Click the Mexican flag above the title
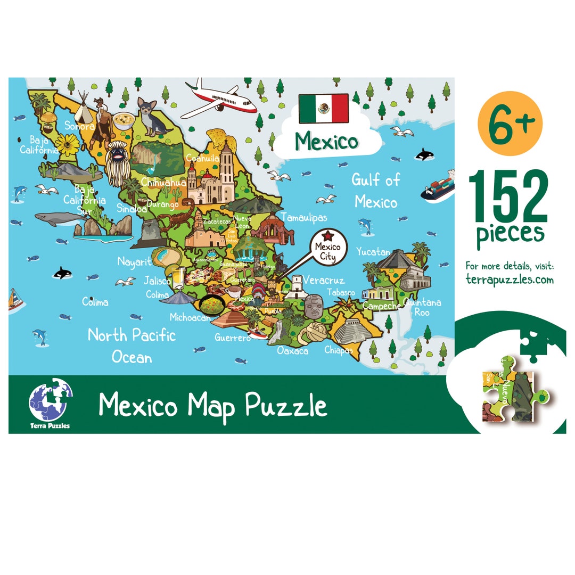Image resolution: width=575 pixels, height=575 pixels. coord(323,108)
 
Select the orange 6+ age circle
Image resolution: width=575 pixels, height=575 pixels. coord(510,124)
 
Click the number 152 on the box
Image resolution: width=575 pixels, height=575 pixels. coord(508,197)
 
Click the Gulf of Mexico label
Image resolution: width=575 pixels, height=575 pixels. coord(375,191)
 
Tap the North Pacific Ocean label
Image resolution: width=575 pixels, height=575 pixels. coord(132,346)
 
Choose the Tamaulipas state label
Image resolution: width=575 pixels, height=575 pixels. coord(304,217)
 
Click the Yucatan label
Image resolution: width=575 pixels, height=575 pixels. coord(373,251)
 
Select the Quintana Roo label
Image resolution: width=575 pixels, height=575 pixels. coord(422,307)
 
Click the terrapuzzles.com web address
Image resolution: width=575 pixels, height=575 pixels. coord(510,280)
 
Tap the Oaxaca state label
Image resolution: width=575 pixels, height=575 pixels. coord(292,351)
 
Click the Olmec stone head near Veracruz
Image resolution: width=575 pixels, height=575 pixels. coord(314,306)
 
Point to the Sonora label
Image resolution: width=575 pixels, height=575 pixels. coord(79,126)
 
